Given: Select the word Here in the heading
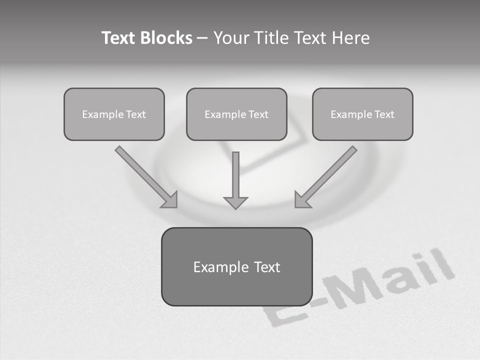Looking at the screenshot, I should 349,38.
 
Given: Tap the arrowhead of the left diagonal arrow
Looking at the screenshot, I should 170,200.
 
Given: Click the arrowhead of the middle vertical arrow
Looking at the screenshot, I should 235,202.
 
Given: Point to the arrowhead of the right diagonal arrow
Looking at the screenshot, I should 302,200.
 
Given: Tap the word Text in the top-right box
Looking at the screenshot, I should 384,114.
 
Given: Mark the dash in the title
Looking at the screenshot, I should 202,38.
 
